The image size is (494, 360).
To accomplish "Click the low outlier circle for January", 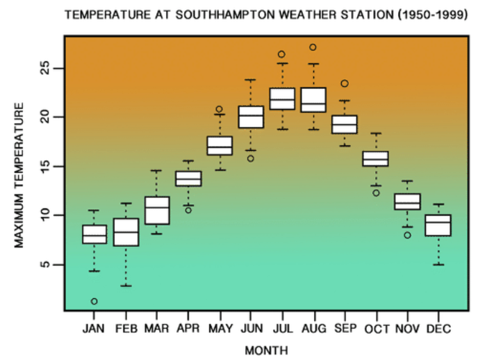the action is coord(94,302).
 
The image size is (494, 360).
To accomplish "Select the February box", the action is coord(126,232).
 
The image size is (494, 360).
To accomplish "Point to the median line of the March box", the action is coord(157,207).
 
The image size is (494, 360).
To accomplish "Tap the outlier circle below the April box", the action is coord(188,211).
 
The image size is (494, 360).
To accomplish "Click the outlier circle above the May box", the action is coord(219,109).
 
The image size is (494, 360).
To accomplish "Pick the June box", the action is coord(251,117).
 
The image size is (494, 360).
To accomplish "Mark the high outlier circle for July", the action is coord(281,54).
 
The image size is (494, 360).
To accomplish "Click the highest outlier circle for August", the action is coord(313,47).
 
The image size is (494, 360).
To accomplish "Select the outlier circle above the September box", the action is coord(345,83).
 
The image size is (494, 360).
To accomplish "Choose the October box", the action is coord(376,158).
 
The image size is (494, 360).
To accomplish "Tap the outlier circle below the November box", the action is coord(407,235).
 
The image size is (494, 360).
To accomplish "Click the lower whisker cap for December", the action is coord(438,265).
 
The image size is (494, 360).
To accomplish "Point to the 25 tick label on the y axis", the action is coord(45,68).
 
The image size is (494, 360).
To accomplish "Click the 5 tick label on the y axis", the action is coord(45,265).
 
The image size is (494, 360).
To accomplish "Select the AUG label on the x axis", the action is coord(314,329).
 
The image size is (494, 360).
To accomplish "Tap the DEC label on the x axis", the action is coord(438,329).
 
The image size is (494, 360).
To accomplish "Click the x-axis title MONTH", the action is coord(266,350).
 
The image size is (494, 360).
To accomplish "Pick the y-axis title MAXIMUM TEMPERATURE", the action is coord(19,175).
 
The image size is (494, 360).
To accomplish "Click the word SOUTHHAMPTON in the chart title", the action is coord(225,15).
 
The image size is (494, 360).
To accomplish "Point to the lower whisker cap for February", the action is coord(126,286).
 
